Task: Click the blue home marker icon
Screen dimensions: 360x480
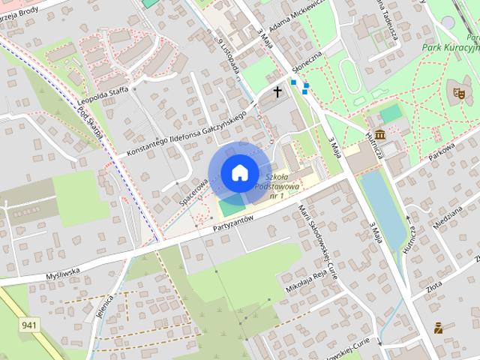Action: (238, 172)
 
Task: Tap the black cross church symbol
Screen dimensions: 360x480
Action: (278, 92)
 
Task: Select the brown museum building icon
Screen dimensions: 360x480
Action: (381, 134)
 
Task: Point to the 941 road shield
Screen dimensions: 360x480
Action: (30, 325)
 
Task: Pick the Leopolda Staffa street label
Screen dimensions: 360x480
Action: (104, 96)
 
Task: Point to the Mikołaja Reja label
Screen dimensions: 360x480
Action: (305, 282)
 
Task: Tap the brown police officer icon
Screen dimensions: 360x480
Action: (438, 328)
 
